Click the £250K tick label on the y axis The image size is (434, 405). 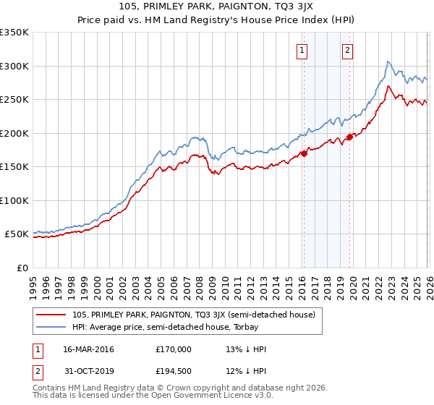click(14, 99)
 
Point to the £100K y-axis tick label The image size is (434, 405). click(14, 200)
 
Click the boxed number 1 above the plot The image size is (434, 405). click(302, 51)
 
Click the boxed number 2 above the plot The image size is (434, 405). click(348, 51)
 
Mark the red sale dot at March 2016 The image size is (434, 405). click(304, 153)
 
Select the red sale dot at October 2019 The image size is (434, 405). click(349, 137)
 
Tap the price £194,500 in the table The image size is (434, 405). click(174, 372)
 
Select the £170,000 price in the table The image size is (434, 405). click(174, 349)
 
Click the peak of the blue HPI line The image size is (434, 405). click(388, 61)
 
